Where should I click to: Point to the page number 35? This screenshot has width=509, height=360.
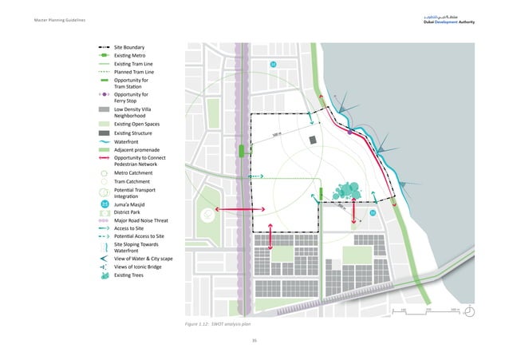[254, 339]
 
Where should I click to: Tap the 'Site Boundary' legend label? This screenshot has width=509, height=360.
[129, 47]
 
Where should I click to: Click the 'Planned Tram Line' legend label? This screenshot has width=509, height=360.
[135, 72]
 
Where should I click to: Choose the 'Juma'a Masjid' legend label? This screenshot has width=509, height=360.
[132, 204]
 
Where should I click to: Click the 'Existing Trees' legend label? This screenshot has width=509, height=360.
[131, 275]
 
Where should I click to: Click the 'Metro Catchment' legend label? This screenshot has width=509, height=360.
[136, 172]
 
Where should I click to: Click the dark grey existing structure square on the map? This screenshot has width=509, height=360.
[313, 140]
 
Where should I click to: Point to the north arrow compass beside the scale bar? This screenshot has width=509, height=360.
[472, 311]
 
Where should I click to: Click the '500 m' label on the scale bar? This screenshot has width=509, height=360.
[456, 308]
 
